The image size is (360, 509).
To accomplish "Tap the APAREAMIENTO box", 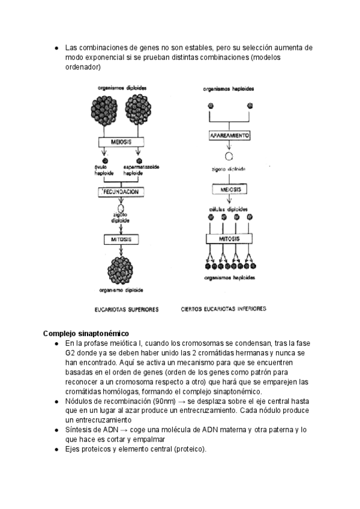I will click(229, 137).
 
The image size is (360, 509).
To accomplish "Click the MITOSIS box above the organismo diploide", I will click(122, 239).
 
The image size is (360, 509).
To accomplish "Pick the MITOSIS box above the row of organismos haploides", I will click(230, 238).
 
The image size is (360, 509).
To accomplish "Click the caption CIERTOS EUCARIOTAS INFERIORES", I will click(223, 310).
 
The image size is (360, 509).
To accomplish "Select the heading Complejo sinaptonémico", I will click(86, 333).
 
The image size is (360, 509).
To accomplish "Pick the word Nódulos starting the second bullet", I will click(80, 401).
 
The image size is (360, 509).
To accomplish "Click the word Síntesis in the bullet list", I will click(80, 430).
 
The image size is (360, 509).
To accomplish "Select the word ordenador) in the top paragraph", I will click(84, 67).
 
